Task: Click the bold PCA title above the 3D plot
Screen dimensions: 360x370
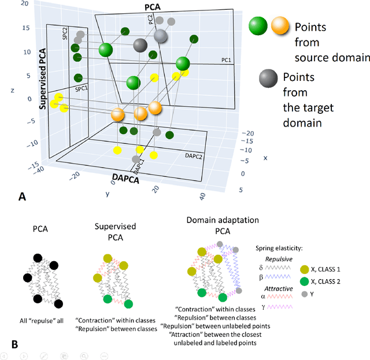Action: click(x=151, y=6)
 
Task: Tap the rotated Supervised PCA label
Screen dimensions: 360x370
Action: click(x=43, y=79)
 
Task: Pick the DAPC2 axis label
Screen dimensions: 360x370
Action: click(x=195, y=156)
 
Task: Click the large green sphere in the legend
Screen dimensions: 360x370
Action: click(x=258, y=26)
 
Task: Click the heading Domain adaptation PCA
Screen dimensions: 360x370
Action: click(x=214, y=225)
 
